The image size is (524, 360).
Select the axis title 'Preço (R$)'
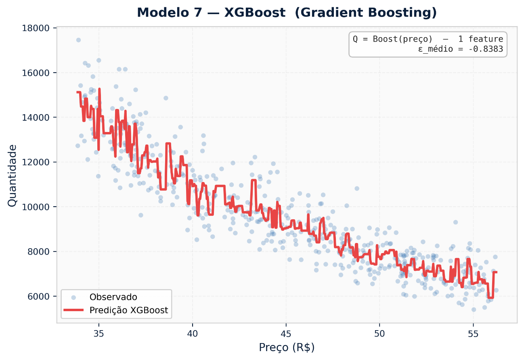click(287, 347)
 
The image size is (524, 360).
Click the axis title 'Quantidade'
click(13, 176)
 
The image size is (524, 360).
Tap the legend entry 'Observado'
click(113, 297)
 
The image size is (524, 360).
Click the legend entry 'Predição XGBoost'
click(129, 310)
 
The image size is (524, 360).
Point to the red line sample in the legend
click(73, 310)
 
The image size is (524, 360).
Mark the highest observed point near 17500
click(78, 40)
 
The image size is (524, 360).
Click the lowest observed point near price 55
click(474, 310)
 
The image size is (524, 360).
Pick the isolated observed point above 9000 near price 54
click(455, 222)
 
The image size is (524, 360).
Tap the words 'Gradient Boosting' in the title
click(366, 13)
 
